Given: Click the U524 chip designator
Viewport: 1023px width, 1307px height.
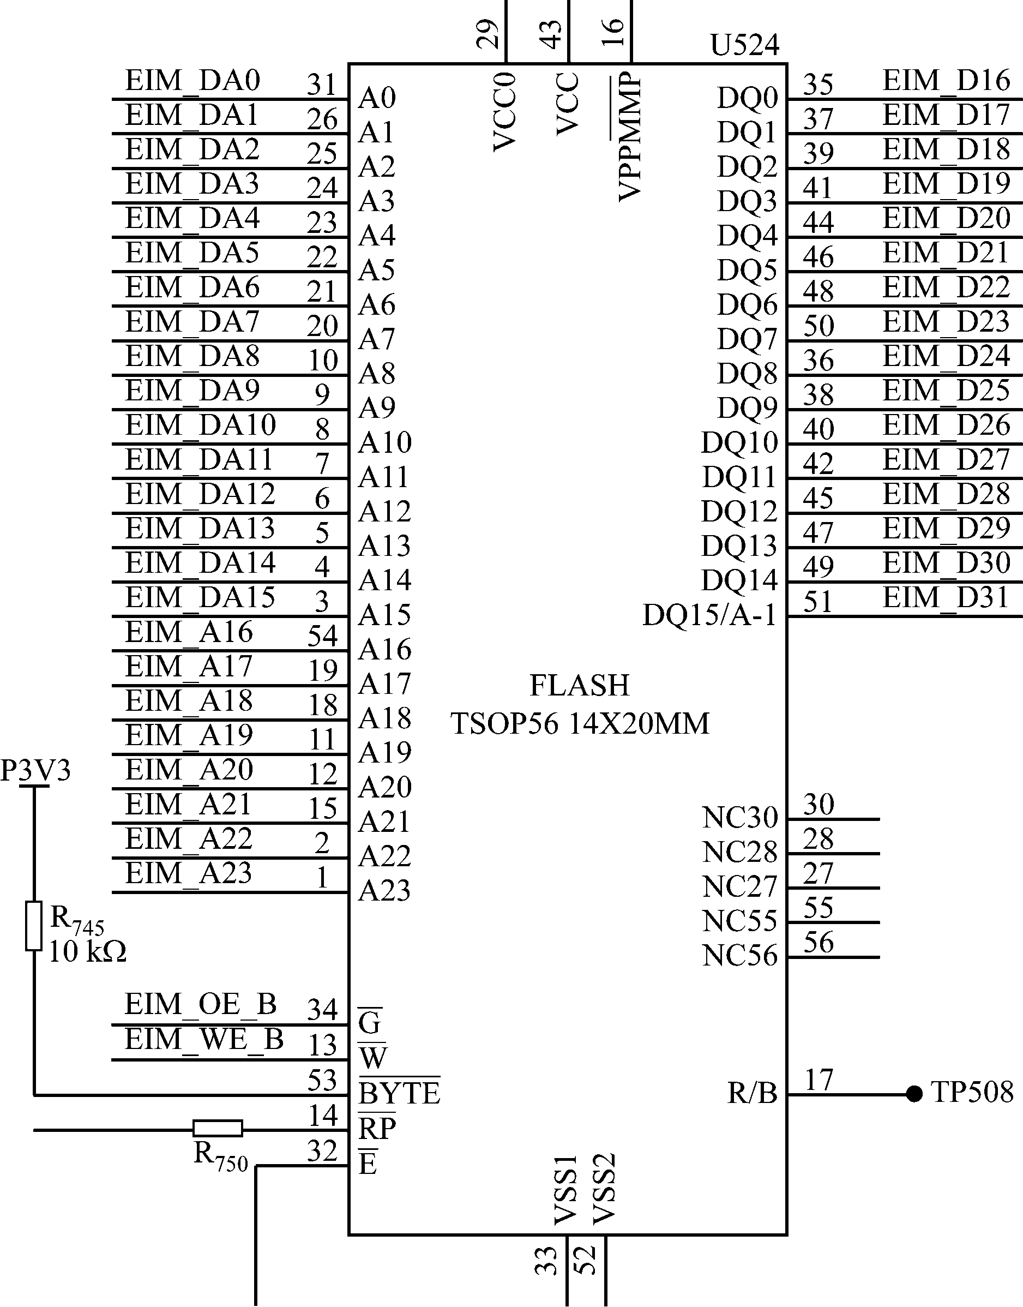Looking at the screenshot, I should (744, 45).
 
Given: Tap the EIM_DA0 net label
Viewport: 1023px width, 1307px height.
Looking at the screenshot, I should (192, 81).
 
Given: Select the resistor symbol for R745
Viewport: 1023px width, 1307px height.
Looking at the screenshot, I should (34, 926).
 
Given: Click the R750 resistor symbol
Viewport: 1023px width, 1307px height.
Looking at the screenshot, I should (218, 1129).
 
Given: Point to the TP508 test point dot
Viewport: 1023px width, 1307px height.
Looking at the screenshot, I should (913, 1094).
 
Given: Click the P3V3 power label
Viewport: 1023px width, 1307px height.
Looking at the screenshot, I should (35, 770).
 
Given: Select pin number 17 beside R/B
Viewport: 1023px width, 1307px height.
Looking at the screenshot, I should (819, 1080).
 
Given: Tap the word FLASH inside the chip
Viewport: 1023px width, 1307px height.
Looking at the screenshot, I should (579, 685).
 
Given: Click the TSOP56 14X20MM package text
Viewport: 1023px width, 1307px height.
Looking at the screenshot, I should (579, 723).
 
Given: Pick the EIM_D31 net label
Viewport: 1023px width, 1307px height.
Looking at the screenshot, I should (946, 598).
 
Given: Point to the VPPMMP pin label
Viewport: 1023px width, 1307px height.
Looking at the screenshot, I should (629, 136).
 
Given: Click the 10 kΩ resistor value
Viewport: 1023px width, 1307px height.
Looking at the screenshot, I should (87, 952).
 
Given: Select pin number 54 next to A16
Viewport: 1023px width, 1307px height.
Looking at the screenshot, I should (323, 635).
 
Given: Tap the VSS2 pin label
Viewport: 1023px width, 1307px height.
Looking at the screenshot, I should (604, 1189).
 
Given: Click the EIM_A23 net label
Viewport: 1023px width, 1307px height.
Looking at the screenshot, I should (188, 873).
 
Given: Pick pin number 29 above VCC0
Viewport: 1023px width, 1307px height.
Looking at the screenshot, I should (488, 34).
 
